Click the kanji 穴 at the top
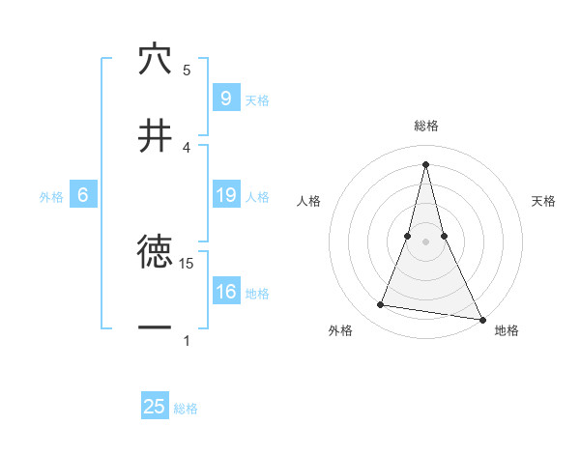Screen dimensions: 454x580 pyautogui.click(x=155, y=59)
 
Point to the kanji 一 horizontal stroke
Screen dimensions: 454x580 pyautogui.click(x=155, y=327)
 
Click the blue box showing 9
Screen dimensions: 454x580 pyautogui.click(x=225, y=98)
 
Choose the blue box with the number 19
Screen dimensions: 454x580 pyautogui.click(x=225, y=196)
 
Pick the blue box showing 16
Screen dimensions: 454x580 pyautogui.click(x=225, y=293)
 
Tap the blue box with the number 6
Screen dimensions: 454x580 pyautogui.click(x=83, y=196)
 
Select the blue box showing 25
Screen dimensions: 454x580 pyautogui.click(x=155, y=407)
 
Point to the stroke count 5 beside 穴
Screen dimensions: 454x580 pyautogui.click(x=187, y=70)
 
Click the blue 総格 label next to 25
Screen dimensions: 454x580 pyautogui.click(x=186, y=409)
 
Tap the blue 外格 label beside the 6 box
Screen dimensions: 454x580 pyautogui.click(x=51, y=197)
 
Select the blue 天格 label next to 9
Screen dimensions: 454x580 pyautogui.click(x=257, y=99)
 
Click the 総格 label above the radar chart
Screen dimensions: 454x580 pyautogui.click(x=426, y=126)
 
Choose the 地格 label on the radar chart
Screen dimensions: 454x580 pyautogui.click(x=507, y=331)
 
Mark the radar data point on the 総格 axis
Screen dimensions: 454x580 pyautogui.click(x=425, y=164)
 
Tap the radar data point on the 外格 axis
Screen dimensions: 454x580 pyautogui.click(x=381, y=305)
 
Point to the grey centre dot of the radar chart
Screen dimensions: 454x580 pyautogui.click(x=425, y=241)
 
